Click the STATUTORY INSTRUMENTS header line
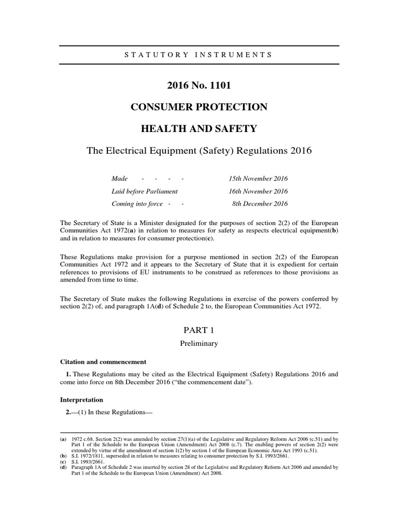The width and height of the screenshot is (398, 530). [198, 54]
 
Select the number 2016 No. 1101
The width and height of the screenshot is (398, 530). [198, 85]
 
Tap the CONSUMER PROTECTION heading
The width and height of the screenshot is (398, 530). [198, 107]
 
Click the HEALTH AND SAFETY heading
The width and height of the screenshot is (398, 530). [198, 129]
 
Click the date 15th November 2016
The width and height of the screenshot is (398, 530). [258, 179]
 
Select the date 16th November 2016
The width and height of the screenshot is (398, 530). [258, 191]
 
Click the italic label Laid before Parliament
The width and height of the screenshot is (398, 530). [145, 191]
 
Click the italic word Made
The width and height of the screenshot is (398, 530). [120, 179]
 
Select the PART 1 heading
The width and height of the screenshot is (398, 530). [198, 329]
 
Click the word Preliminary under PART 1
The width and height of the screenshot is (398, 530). [198, 343]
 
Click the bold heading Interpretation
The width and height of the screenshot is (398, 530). [82, 400]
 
